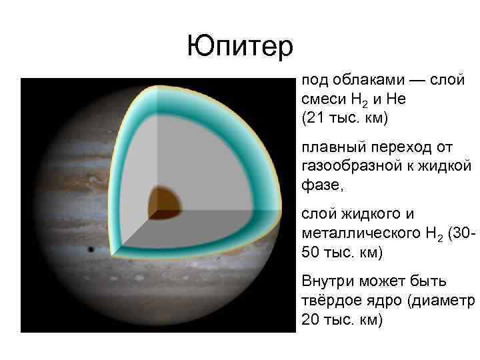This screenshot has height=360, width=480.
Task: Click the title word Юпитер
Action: (240, 46)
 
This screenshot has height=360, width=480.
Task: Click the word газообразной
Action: (347, 164)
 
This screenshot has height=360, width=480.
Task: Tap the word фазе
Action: (321, 183)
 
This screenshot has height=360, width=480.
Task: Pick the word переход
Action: (406, 145)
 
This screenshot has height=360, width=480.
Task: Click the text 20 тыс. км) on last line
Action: (343, 320)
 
